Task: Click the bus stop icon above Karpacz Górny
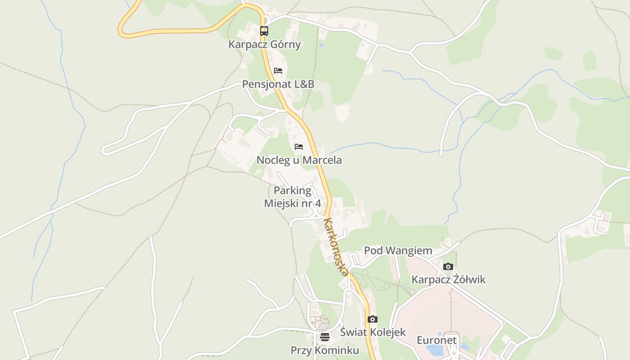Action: (264, 31)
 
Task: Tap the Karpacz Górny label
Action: (264, 45)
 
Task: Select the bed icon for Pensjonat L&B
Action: (278, 71)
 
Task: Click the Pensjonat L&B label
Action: (278, 84)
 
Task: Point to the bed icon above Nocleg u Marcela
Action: (299, 147)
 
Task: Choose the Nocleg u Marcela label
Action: (299, 160)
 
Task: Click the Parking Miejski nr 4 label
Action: (292, 197)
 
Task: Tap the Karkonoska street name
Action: (336, 247)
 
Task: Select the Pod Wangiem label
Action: (398, 251)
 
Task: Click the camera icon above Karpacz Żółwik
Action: (448, 266)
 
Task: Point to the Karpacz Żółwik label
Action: (449, 279)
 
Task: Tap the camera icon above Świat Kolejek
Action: (373, 319)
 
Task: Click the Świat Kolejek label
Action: (373, 333)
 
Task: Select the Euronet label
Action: (436, 340)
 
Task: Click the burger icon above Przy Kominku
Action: (325, 337)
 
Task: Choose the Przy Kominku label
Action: (325, 351)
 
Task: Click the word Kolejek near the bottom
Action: (386, 333)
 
